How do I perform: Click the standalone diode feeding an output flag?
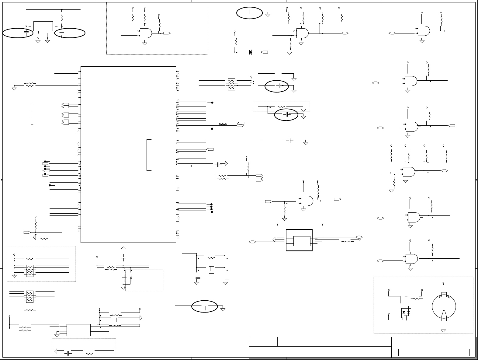250,52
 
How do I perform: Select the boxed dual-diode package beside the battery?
406,313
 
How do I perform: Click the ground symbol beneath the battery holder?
443,330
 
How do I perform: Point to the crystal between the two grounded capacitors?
212,270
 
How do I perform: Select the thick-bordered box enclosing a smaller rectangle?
299,240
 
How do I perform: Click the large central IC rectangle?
128,154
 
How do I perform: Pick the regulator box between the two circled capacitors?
43,26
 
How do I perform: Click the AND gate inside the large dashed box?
146,33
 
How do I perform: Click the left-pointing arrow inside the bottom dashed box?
56,351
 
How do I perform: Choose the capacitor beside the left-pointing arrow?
68,353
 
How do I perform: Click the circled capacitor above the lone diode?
250,12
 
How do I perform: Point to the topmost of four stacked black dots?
211,205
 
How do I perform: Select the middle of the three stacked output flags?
259,178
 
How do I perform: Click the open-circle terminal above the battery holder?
443,283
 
